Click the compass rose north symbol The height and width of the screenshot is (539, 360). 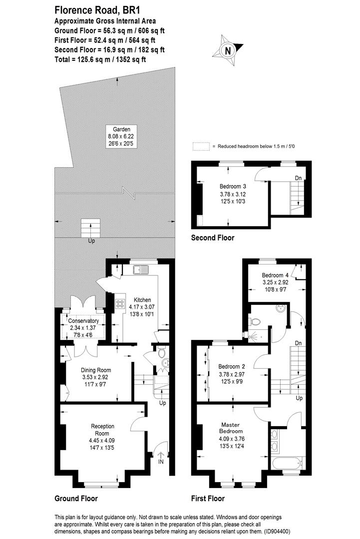(x=228, y=50)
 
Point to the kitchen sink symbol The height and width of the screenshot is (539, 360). (x=141, y=270)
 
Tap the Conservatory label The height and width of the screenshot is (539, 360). (x=83, y=320)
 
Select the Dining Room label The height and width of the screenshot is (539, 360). (x=95, y=370)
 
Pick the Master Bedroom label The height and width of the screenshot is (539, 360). (x=232, y=428)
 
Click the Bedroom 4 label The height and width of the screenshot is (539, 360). (x=275, y=275)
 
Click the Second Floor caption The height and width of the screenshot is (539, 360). (x=212, y=238)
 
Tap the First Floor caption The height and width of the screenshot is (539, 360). (x=208, y=498)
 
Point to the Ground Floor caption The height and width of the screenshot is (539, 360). (x=75, y=498)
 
